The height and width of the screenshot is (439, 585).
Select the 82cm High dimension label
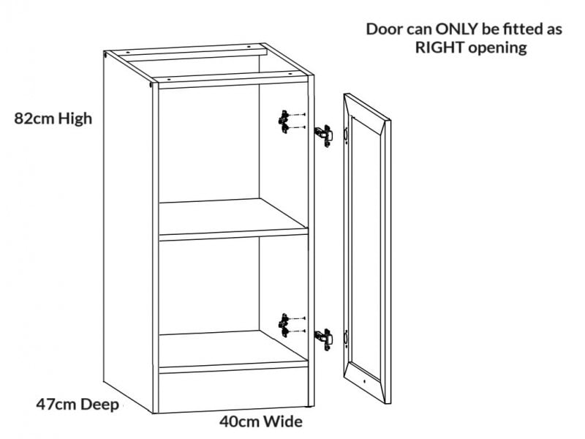(x=53, y=118)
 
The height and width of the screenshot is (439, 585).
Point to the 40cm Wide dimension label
(x=261, y=421)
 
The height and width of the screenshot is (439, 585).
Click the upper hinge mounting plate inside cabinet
(x=284, y=121)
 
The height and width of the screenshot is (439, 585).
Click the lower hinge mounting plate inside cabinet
(x=284, y=325)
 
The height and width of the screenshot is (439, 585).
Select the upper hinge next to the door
(x=322, y=135)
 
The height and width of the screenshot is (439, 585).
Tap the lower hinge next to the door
(x=322, y=338)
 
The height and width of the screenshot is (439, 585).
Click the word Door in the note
(x=384, y=30)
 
